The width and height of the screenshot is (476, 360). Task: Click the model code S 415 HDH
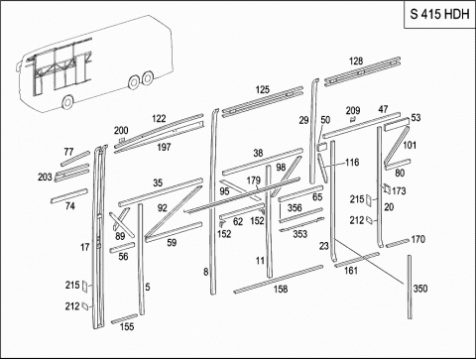(x=439, y=14)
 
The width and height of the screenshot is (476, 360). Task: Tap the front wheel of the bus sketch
(x=67, y=102)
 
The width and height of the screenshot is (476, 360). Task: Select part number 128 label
(x=356, y=61)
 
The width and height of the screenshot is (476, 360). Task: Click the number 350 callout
(x=420, y=289)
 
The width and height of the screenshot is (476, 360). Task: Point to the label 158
(x=281, y=290)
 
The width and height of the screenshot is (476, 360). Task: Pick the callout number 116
(x=352, y=163)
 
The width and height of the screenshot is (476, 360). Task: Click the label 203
(x=45, y=178)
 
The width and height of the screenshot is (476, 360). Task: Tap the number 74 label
(x=69, y=206)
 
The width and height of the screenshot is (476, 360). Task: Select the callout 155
(x=127, y=327)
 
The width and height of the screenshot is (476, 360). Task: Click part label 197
(x=164, y=147)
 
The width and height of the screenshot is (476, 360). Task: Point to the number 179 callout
(x=254, y=180)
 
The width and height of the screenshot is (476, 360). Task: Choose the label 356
(x=295, y=208)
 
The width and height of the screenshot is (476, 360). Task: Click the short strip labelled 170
(x=398, y=243)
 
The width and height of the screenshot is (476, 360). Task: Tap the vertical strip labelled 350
(x=410, y=287)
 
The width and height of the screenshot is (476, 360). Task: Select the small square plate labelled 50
(x=322, y=147)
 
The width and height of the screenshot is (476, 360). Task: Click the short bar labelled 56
(x=122, y=248)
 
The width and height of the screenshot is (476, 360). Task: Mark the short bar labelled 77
(x=75, y=159)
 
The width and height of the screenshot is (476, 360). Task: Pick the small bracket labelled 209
(x=352, y=119)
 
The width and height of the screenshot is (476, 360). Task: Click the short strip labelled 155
(x=124, y=319)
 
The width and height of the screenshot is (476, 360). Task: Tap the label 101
(x=410, y=145)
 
